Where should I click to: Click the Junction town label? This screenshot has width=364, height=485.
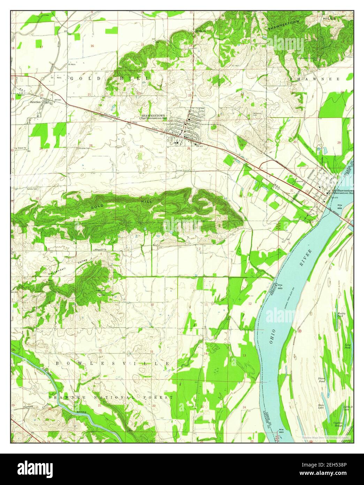coord(35,102)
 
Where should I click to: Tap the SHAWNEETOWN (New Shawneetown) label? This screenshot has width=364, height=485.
coord(153,115)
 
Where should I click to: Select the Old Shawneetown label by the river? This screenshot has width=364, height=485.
coord(343,191)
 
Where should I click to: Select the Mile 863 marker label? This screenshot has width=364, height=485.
coord(281,430)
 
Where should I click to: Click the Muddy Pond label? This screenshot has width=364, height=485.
coord(341,314)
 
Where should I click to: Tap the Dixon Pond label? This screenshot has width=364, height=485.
coord(321,379)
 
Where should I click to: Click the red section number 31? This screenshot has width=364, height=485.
coord(291,190)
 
